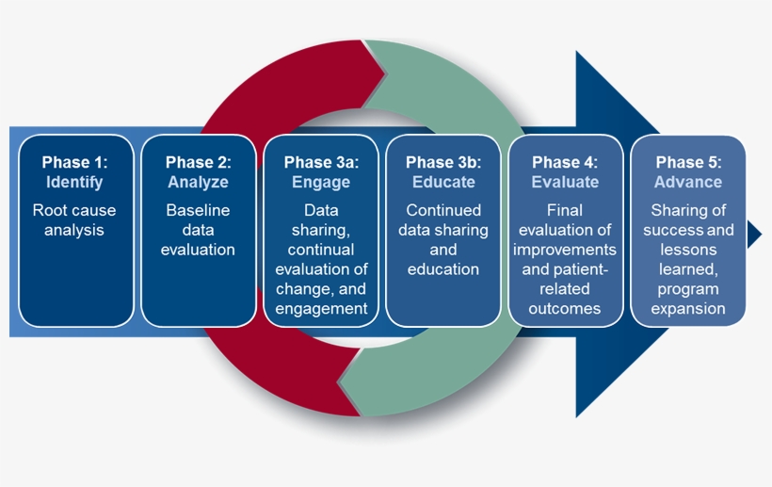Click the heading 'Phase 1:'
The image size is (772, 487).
click(x=76, y=162)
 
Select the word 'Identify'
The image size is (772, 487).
click(x=76, y=182)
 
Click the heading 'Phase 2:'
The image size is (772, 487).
click(x=198, y=162)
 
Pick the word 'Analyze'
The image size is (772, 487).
click(x=198, y=182)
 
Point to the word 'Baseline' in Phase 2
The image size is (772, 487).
click(x=198, y=210)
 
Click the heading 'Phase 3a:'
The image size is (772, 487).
click(x=321, y=162)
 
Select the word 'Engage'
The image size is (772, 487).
click(x=321, y=182)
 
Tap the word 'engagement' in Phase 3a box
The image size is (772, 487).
click(x=321, y=309)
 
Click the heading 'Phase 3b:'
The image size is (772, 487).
click(x=443, y=162)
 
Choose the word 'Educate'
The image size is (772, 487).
click(x=443, y=182)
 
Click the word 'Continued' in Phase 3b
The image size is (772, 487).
click(x=443, y=210)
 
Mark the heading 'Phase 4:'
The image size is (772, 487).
click(x=565, y=162)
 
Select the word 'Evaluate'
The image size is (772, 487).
click(x=565, y=182)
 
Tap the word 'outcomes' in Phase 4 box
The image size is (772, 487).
click(x=565, y=309)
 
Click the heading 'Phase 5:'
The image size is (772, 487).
click(x=688, y=162)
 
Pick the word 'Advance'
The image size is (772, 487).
click(x=688, y=182)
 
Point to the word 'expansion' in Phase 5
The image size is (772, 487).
click(x=688, y=309)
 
